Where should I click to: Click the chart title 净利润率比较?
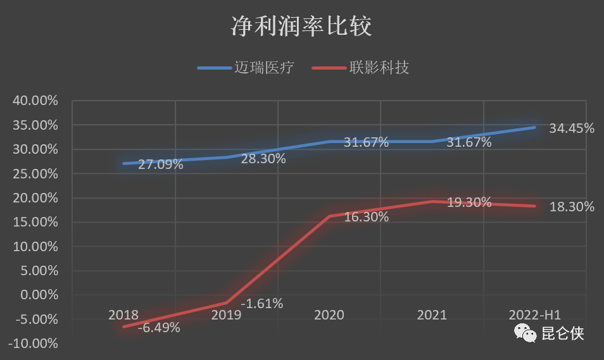tap(301, 27)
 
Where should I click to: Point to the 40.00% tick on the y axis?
tap(35, 101)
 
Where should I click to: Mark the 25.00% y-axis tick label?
tap(35, 174)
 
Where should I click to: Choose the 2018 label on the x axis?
tap(123, 315)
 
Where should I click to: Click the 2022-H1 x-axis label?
tap(535, 315)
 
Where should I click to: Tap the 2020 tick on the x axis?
tap(329, 315)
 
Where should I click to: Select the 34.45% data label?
tap(572, 128)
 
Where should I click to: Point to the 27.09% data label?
tap(161, 165)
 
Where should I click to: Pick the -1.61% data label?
tap(261, 303)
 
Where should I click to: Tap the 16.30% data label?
tap(367, 216)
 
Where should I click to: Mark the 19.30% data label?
tap(469, 202)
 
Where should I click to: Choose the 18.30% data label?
tap(572, 207)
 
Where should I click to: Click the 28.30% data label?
tap(263, 159)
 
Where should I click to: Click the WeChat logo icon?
tap(525, 333)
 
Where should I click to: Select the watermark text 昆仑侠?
tap(563, 333)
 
